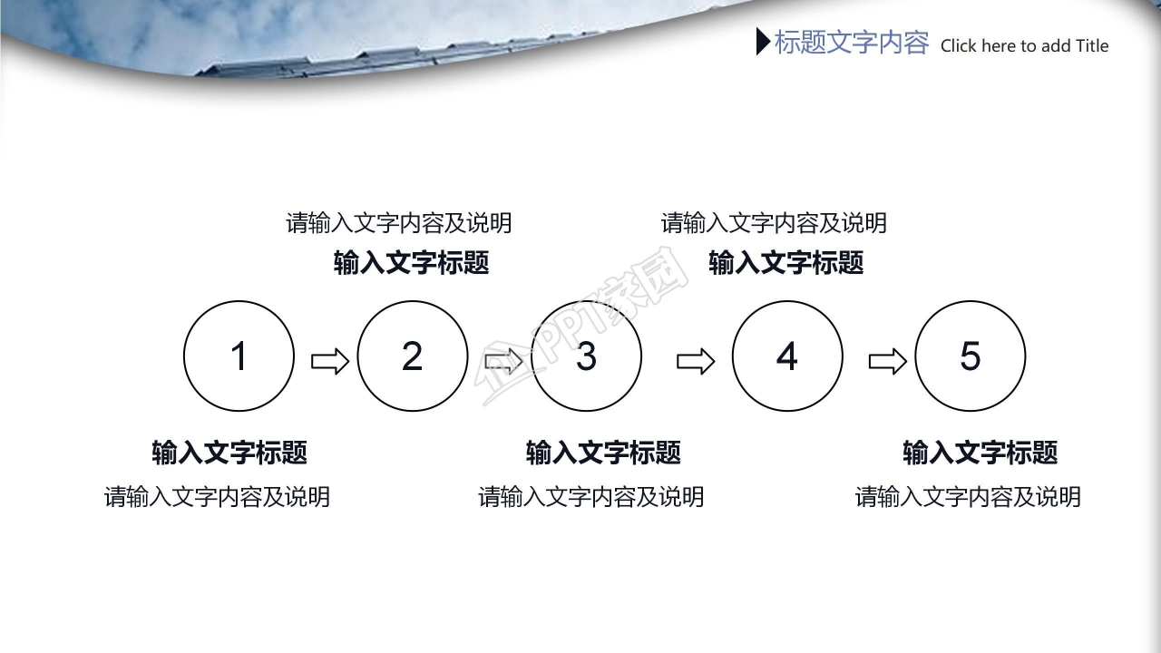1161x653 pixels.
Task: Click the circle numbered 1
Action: click(239, 356)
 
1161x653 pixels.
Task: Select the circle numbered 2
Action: click(413, 356)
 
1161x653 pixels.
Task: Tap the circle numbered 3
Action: click(586, 356)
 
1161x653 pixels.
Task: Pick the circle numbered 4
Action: click(787, 356)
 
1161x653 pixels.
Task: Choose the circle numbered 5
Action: click(971, 356)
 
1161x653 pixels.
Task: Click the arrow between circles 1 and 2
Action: click(330, 362)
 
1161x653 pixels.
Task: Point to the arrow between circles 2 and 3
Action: click(503, 362)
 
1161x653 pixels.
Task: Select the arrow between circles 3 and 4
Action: click(696, 362)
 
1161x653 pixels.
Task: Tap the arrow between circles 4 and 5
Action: click(887, 362)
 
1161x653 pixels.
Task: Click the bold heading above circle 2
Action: click(412, 263)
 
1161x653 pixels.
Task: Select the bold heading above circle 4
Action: click(785, 263)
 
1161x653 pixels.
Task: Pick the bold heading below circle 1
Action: click(229, 453)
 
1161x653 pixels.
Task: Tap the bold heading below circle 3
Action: click(603, 453)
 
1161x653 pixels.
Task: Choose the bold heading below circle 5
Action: click(981, 453)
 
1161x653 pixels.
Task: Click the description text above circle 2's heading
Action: click(399, 222)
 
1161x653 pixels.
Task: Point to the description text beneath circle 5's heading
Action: click(968, 497)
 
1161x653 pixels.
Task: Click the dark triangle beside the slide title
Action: click(762, 42)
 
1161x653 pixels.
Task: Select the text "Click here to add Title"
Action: click(1024, 46)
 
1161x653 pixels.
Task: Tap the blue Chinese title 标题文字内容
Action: click(852, 43)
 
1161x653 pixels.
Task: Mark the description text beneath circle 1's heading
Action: click(217, 497)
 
